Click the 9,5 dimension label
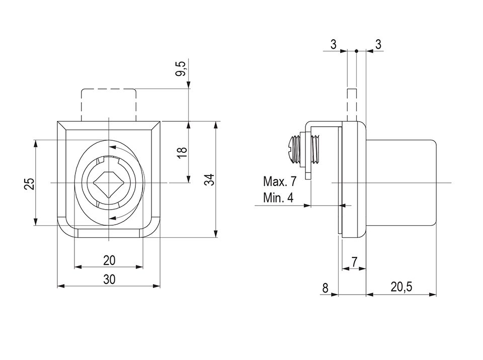tap(182, 68)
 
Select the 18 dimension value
tap(182, 153)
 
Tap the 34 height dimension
tap(210, 179)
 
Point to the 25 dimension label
tap(30, 184)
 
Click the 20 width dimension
tap(109, 260)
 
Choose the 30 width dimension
tap(109, 280)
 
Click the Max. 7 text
tap(279, 182)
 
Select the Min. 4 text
tap(278, 198)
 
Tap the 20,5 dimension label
tap(401, 287)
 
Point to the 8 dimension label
tap(326, 289)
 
